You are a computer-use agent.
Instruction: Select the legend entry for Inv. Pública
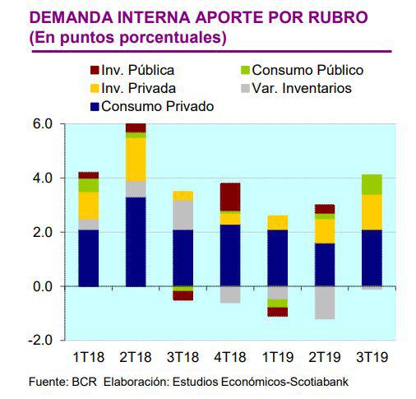tap(137, 71)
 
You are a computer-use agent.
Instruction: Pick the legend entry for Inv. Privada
tap(137, 88)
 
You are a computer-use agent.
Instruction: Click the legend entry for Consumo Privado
tap(150, 106)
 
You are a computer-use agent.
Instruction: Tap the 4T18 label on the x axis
tap(230, 357)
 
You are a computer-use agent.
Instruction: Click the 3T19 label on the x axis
tap(372, 357)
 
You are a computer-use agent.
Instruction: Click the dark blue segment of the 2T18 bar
tap(136, 242)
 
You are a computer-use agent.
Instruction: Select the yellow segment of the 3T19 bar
tap(372, 212)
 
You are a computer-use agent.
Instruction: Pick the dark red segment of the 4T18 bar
tap(230, 197)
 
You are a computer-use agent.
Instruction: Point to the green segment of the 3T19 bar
tap(372, 184)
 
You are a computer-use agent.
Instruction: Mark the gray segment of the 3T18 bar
tap(183, 215)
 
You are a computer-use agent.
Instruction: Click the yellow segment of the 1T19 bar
tap(278, 222)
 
